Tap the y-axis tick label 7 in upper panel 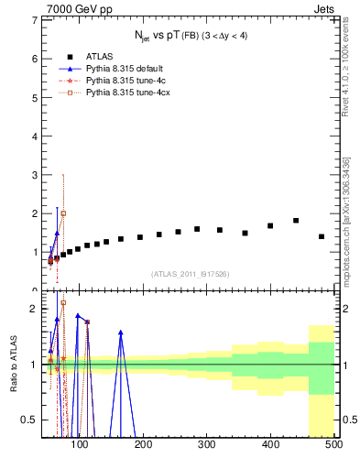tap(35, 20)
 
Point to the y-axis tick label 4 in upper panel tap(35, 136)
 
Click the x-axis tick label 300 tap(207, 446)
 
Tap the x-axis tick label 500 tap(333, 446)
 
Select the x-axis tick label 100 tap(81, 446)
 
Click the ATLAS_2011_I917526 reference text tap(190, 273)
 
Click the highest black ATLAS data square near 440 tap(296, 221)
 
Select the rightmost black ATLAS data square tap(322, 236)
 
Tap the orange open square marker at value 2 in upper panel tap(63, 213)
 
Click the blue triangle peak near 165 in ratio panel tap(121, 333)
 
